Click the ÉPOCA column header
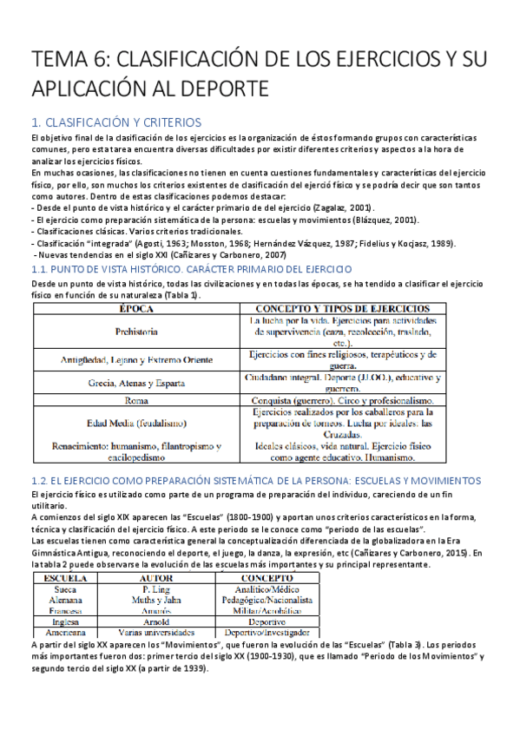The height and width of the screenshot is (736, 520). click(x=135, y=308)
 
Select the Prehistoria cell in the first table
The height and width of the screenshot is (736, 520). click(x=135, y=332)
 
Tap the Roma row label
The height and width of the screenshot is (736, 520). click(x=135, y=401)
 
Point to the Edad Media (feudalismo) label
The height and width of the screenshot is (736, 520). click(x=135, y=423)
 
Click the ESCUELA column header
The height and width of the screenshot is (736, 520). click(x=65, y=576)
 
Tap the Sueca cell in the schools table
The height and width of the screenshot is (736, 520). click(x=65, y=588)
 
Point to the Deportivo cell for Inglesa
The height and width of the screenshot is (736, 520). click(x=267, y=622)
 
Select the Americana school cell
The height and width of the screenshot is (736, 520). click(x=65, y=634)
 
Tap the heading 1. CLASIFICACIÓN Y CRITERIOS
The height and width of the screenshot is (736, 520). click(x=115, y=122)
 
